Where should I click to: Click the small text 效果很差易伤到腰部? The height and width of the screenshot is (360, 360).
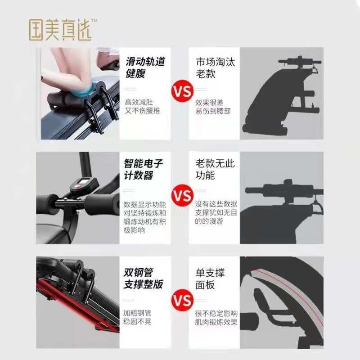click(x=213, y=106)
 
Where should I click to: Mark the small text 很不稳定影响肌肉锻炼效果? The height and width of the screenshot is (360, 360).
click(x=216, y=317)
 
